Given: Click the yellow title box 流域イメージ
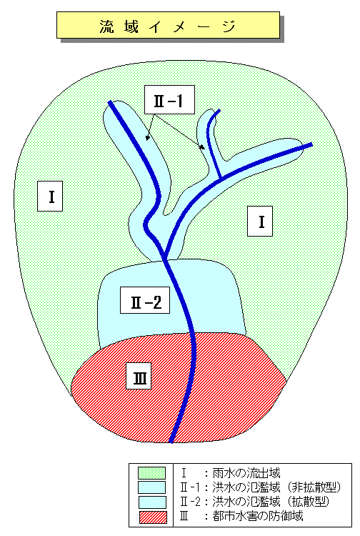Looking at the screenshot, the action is (168, 25).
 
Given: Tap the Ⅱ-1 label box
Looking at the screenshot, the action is (169, 100).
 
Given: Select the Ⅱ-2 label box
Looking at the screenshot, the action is (145, 300).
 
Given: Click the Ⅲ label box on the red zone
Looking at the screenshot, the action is (139, 376).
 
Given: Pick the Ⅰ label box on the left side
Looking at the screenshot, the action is (50, 197).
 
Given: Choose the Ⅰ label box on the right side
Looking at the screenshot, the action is (260, 221).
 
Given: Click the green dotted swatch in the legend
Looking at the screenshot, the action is (151, 473).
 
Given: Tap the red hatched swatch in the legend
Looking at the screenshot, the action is (153, 517).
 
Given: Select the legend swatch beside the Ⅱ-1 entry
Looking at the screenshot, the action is (151, 487).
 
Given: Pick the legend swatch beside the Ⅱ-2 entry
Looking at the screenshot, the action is (152, 502).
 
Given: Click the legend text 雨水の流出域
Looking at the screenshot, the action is (246, 473).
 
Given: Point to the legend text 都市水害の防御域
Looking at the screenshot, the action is (258, 516).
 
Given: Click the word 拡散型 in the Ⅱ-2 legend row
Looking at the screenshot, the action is (309, 502).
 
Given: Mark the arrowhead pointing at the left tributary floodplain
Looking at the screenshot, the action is (147, 138).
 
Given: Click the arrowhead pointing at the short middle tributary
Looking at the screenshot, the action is (202, 147).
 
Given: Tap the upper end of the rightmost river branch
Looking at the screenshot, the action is (311, 144).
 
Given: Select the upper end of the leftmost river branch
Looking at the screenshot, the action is (109, 102).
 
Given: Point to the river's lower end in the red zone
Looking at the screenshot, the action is (171, 442).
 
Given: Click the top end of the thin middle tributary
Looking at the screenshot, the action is (219, 110).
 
